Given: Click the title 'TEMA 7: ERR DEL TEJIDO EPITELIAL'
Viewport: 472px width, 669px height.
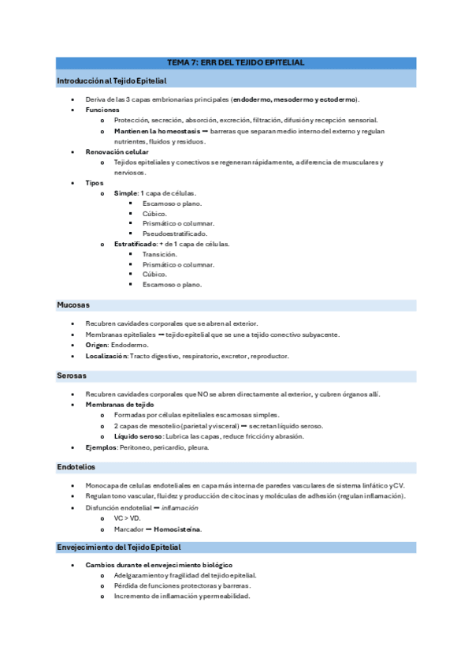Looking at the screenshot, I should (236, 62).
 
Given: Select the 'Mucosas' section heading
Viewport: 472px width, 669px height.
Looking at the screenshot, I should (73, 305).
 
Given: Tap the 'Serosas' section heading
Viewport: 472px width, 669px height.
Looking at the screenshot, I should (72, 376).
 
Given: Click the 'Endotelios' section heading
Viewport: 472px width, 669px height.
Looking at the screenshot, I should (76, 467).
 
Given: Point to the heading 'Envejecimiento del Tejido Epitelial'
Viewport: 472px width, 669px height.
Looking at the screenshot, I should (118, 547).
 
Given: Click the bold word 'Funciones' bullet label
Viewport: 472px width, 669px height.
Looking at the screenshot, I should (102, 110).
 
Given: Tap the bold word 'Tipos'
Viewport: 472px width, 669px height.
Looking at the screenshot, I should (95, 183).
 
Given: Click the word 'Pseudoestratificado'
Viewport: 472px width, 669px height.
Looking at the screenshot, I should (175, 234).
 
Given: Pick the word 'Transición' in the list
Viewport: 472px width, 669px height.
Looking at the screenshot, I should (160, 254).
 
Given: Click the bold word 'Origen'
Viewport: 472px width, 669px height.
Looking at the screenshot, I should (96, 345).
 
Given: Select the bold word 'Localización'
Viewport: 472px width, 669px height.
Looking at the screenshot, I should (106, 356).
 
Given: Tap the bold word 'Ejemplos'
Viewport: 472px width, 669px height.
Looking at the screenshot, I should (101, 447).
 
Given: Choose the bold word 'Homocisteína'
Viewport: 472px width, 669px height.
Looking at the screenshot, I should (177, 529).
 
